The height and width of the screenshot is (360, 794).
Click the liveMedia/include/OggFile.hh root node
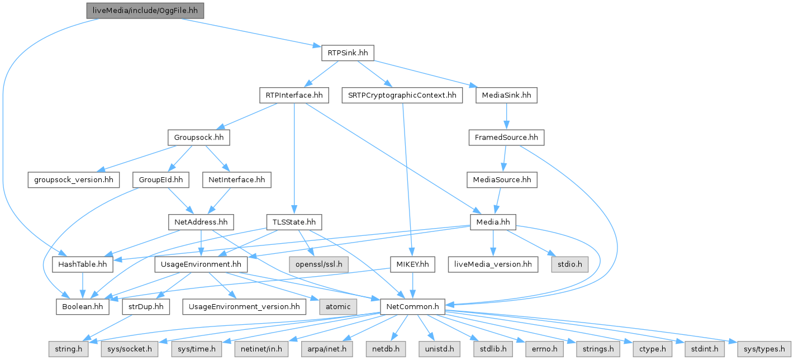click(145, 10)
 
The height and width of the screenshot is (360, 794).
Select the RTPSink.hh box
click(347, 53)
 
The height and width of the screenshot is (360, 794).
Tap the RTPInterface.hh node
click(293, 96)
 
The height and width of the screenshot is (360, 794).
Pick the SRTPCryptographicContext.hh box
click(402, 96)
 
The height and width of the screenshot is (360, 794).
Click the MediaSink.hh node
click(506, 96)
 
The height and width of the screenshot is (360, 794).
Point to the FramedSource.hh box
click(506, 138)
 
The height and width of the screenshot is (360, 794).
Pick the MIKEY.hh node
click(412, 264)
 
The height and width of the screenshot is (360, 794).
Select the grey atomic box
click(338, 306)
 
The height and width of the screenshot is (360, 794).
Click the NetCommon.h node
click(412, 306)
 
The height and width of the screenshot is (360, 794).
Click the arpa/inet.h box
click(327, 349)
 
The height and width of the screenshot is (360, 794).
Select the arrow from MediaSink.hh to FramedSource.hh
click(506, 117)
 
